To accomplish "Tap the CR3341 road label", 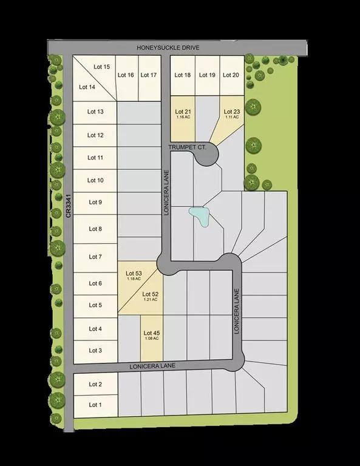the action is [x=69, y=206].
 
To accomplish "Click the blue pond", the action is [x=200, y=215].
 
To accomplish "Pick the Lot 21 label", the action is [x=183, y=112].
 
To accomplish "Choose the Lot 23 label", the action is [x=232, y=112].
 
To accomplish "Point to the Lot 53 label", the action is [x=134, y=274].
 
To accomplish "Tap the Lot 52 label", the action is [x=149, y=294].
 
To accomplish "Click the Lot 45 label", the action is [x=151, y=333].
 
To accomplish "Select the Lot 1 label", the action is [x=95, y=405].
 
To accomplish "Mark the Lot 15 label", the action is [x=101, y=67].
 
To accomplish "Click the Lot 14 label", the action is [x=87, y=87].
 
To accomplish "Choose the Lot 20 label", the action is [x=231, y=75].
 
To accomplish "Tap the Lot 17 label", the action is [x=149, y=75].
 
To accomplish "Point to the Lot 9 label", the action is [x=95, y=202].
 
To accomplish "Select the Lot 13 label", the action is [x=95, y=112].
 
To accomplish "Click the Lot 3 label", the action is [x=95, y=351].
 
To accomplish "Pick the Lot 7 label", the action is [x=95, y=257].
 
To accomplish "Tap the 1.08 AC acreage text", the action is [x=151, y=339].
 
